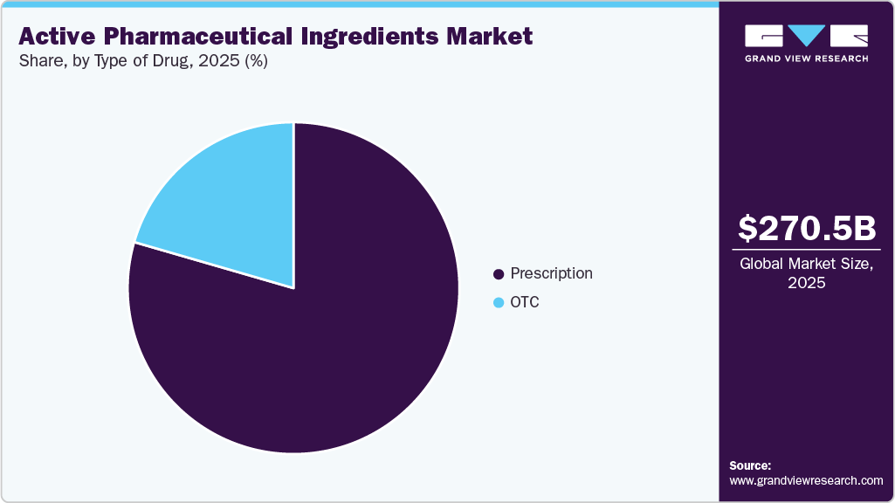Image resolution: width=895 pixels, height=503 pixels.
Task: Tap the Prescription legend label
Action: coord(551,273)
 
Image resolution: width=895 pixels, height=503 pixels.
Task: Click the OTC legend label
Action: coord(525,302)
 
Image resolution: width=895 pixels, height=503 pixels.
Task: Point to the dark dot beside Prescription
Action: coord(499,274)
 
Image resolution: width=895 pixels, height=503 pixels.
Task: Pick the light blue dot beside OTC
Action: coord(499,303)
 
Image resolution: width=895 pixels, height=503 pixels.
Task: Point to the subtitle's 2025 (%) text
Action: coord(243,61)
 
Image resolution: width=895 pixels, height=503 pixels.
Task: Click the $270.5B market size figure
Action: coord(807,228)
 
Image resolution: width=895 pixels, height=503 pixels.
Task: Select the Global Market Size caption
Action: coord(807,264)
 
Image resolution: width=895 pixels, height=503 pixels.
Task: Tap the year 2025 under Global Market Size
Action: coord(807,283)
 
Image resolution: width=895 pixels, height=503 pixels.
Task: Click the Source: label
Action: coord(750,465)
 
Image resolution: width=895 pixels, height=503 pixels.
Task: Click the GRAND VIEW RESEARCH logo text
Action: coord(807,59)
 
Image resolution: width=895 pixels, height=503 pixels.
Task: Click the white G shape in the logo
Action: coord(762,36)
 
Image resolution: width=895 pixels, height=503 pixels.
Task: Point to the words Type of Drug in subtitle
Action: coord(141,61)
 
